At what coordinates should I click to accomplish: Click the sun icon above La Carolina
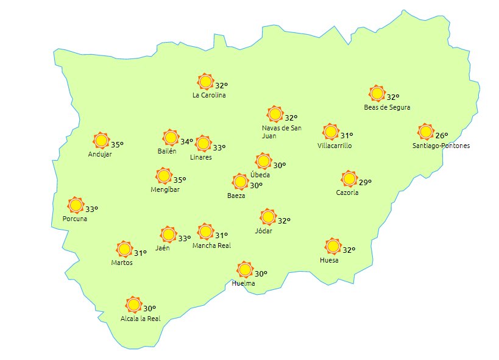[x=205, y=82]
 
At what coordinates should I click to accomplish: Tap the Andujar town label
[x=100, y=154]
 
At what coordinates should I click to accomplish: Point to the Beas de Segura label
[x=387, y=107]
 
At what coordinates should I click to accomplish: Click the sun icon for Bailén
[x=171, y=138]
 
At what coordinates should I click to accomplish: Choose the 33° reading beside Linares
[x=219, y=147]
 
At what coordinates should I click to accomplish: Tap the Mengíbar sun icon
[x=163, y=176]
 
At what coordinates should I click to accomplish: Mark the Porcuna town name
[x=75, y=219]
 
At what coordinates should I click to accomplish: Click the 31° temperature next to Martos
[x=140, y=253]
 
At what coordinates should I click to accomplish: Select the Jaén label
[x=163, y=248]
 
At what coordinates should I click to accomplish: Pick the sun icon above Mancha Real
[x=206, y=231]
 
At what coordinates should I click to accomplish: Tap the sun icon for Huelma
[x=245, y=270]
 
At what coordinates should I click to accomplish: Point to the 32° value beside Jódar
[x=284, y=221]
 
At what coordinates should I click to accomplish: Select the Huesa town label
[x=329, y=260]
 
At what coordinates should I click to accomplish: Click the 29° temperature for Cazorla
[x=365, y=182]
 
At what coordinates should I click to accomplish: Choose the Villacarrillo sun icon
[x=330, y=132]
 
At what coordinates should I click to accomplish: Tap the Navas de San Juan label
[x=281, y=132]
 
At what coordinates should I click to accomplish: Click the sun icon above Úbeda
[x=263, y=161]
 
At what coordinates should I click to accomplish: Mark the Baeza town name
[x=236, y=196]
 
